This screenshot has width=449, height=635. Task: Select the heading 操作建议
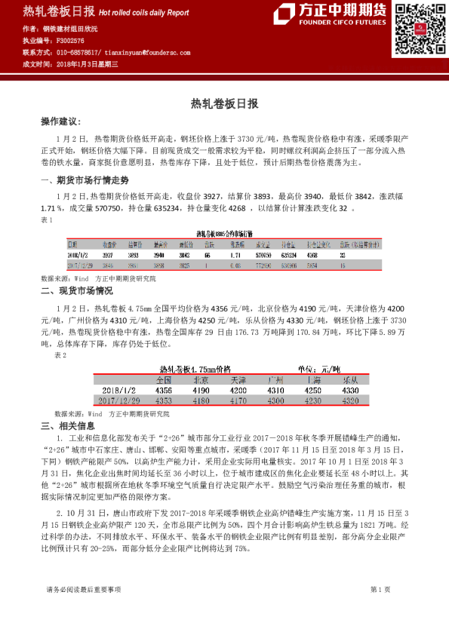click(60, 121)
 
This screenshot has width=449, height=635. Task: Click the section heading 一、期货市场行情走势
click(84, 180)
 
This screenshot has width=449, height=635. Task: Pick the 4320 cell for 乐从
click(350, 401)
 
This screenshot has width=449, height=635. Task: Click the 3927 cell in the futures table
click(109, 255)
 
